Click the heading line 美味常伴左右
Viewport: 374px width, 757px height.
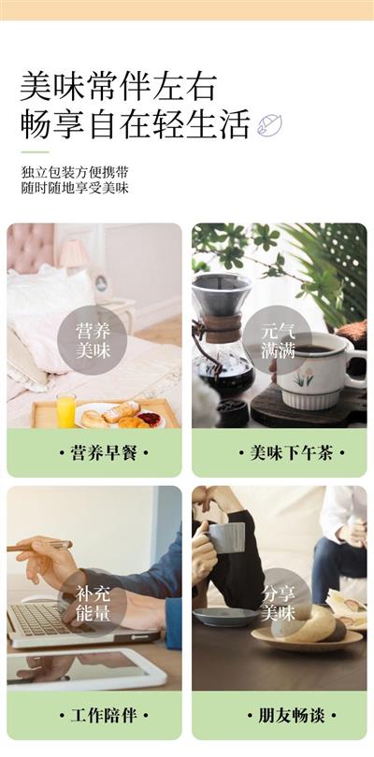coord(118,87)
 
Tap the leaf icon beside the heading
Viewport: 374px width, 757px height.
coord(269,124)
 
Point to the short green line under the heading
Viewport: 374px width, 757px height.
coord(35,152)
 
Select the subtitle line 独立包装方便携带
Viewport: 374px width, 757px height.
coord(75,172)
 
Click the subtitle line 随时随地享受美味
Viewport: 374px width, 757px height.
coord(75,188)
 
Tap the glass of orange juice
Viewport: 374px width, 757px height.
coord(65,410)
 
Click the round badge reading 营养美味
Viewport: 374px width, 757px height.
coord(93,340)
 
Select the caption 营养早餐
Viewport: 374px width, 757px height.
coord(104,453)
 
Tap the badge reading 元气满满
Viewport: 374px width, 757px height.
coord(278,340)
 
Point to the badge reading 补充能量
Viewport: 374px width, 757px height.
coord(93,604)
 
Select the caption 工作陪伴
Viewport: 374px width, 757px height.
coord(104,716)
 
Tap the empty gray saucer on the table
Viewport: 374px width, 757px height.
coord(225,617)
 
